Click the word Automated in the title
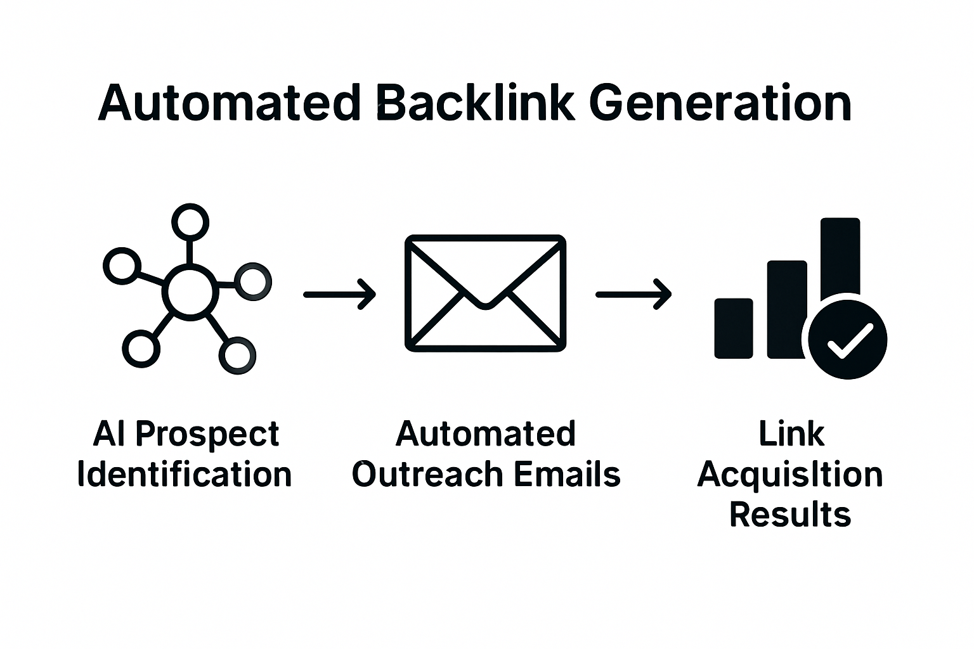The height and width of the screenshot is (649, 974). pos(230,103)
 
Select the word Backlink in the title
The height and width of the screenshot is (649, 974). pos(475,103)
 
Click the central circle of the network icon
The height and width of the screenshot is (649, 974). pos(190,292)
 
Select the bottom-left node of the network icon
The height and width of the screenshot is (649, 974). pos(140,348)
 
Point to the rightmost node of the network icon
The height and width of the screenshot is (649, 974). pos(253,281)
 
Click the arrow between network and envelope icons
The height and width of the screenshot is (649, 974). pos(340,294)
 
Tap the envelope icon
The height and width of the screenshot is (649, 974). pos(485,293)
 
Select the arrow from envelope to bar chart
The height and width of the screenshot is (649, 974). pos(633,294)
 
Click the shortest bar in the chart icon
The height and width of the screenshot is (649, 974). pos(734,328)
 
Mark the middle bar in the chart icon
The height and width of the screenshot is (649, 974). pos(786,308)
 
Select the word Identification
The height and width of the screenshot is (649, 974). pos(185,475)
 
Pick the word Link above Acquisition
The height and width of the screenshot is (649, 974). pos(791,434)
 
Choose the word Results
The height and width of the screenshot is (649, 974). pos(790,514)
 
